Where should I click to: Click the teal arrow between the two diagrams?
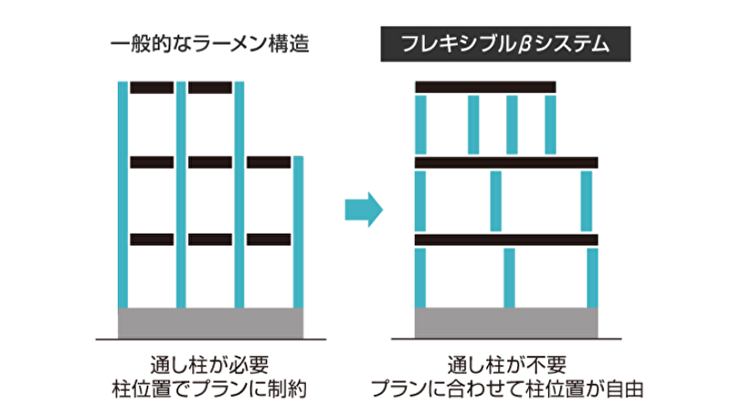tap(364, 210)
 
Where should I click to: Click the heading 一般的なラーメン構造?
tap(210, 44)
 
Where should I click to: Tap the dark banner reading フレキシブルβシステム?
tap(505, 44)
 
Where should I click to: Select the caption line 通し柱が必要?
tap(210, 364)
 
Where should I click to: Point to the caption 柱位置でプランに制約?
tap(210, 389)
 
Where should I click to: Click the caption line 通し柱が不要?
tap(507, 364)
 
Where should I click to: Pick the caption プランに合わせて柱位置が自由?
tap(507, 389)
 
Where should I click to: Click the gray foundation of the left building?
tap(211, 323)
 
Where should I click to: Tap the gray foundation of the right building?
tap(506, 323)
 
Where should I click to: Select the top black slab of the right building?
tap(485, 87)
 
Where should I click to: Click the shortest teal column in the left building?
tap(299, 232)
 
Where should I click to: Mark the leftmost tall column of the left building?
tap(122, 195)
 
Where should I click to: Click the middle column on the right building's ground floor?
tap(510, 279)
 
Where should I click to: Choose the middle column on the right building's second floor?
tap(496, 201)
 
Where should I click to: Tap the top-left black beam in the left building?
tap(152, 88)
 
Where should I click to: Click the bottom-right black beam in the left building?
tap(269, 239)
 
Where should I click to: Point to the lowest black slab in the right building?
tap(506, 239)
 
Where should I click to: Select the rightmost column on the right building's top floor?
tap(551, 125)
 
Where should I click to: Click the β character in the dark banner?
tap(524, 45)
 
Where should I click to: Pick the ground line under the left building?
tap(211, 339)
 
